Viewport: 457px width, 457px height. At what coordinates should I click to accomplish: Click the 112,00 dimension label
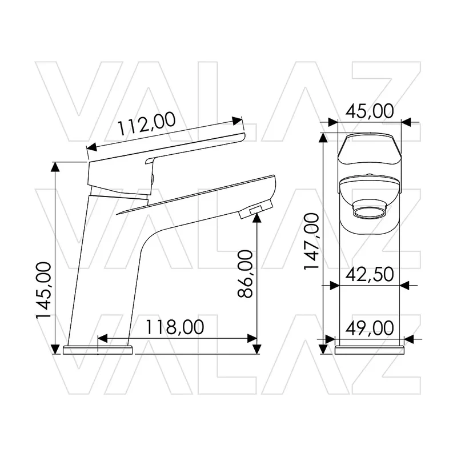[146, 125]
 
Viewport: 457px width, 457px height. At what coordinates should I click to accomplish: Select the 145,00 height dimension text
[43, 291]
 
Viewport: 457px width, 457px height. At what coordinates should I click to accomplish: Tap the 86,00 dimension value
[245, 274]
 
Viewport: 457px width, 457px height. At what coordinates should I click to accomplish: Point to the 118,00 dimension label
[174, 327]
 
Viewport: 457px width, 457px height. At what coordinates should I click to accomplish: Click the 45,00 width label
[370, 111]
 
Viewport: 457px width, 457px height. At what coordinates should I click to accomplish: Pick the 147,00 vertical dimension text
[311, 242]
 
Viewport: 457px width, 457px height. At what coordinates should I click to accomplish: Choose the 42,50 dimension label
[370, 274]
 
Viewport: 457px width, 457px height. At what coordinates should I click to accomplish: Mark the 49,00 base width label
[370, 328]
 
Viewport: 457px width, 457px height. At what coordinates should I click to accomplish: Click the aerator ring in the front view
[369, 209]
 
